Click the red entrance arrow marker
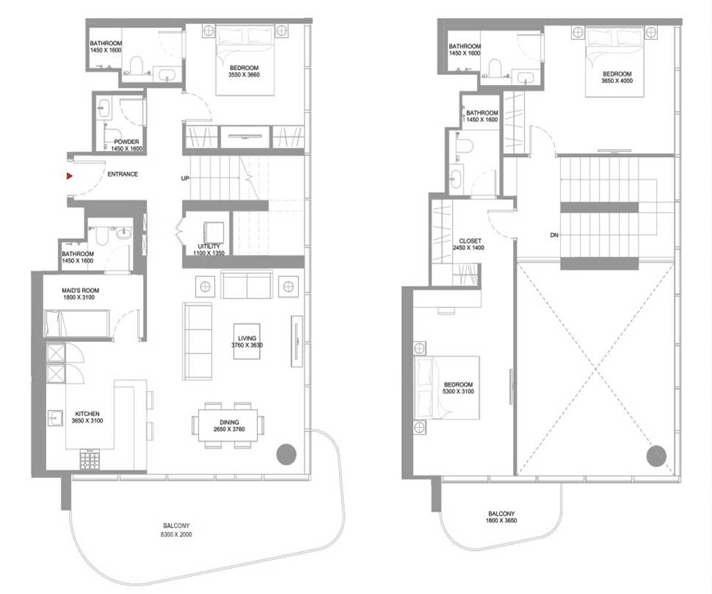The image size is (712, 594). (x=69, y=176)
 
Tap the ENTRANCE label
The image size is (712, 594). (x=123, y=174)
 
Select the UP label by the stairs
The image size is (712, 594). (x=185, y=178)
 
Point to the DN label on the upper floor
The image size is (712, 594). (x=554, y=235)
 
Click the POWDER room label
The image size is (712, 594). (x=126, y=142)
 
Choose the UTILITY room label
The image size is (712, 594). (x=209, y=246)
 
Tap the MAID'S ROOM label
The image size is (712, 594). (x=81, y=290)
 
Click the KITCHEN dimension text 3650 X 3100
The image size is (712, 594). (x=87, y=421)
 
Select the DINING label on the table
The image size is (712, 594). (x=229, y=422)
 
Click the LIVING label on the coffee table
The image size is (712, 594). (x=247, y=339)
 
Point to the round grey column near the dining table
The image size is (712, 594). (x=287, y=454)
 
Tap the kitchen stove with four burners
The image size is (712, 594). (x=90, y=460)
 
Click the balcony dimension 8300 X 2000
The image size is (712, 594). (x=176, y=534)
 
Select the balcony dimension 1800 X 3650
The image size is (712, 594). (x=501, y=520)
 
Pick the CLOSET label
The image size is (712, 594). (x=471, y=241)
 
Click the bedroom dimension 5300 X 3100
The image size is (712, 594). (x=458, y=391)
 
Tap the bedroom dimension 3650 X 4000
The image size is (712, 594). (x=617, y=81)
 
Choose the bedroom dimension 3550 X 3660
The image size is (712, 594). (x=244, y=75)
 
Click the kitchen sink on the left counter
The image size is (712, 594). (x=55, y=418)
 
